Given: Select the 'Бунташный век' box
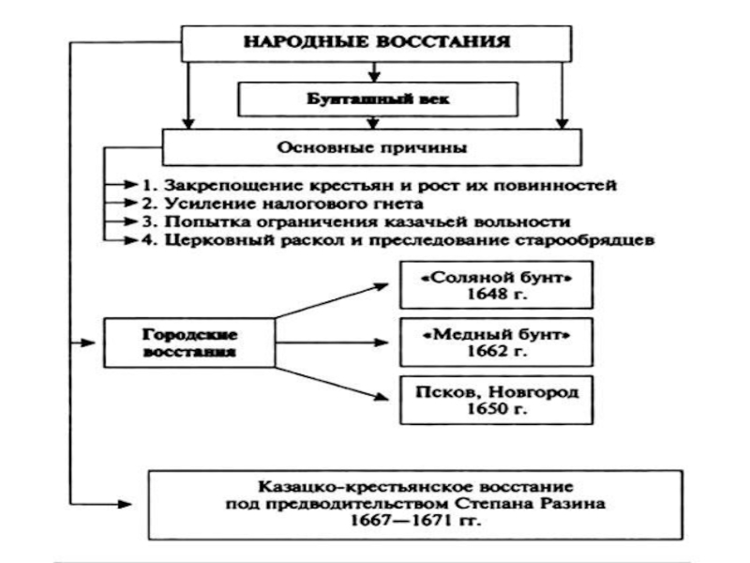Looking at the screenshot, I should click(x=377, y=97).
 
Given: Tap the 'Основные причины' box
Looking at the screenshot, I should click(x=372, y=146).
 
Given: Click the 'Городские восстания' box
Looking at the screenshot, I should click(x=189, y=342).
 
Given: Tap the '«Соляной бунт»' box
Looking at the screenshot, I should click(x=496, y=282).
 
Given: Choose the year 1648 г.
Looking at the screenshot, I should click(x=496, y=295).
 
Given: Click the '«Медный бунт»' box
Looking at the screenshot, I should click(x=496, y=342).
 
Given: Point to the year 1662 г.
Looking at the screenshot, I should click(x=496, y=355).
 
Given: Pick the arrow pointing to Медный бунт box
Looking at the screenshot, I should click(x=337, y=342).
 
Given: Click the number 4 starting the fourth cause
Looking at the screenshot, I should click(x=147, y=240).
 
